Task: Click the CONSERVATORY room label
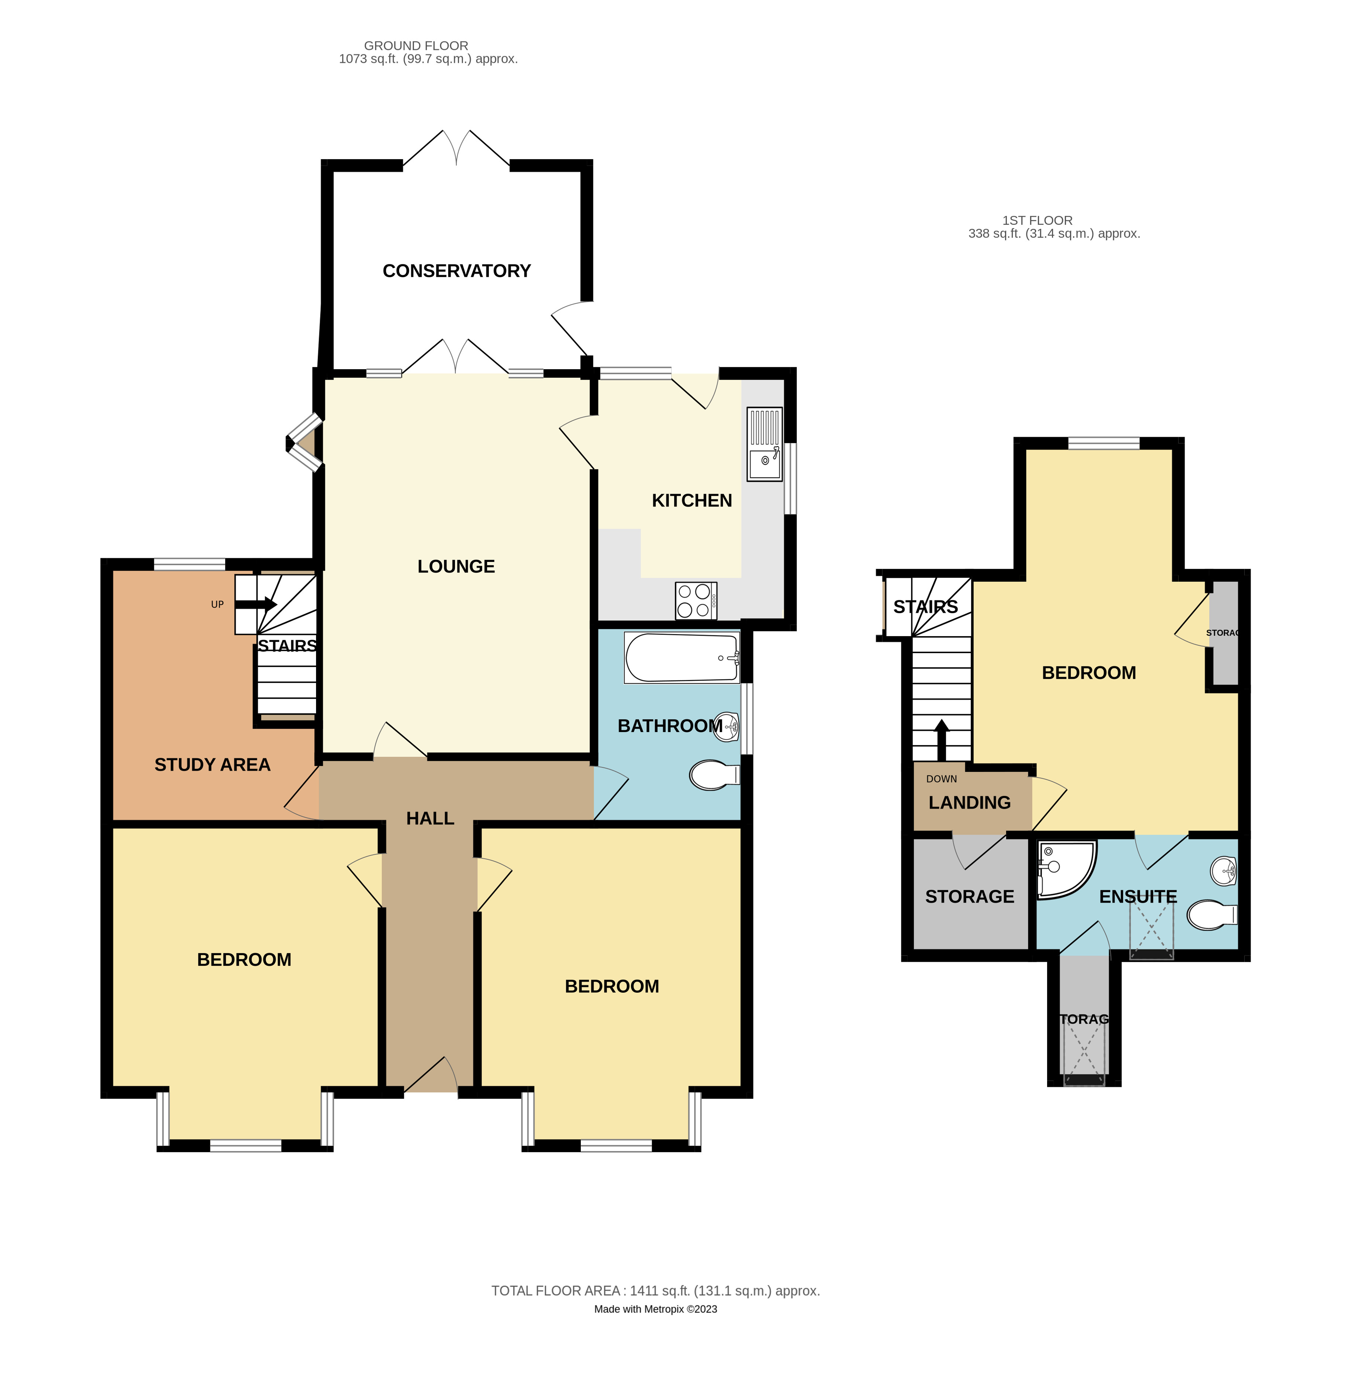coord(456,270)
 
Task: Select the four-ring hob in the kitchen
coord(695,600)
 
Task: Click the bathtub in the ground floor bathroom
coord(681,658)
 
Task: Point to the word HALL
coord(430,818)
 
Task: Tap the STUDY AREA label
coord(212,764)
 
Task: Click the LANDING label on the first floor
coord(969,803)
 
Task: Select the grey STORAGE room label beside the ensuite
coord(969,896)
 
